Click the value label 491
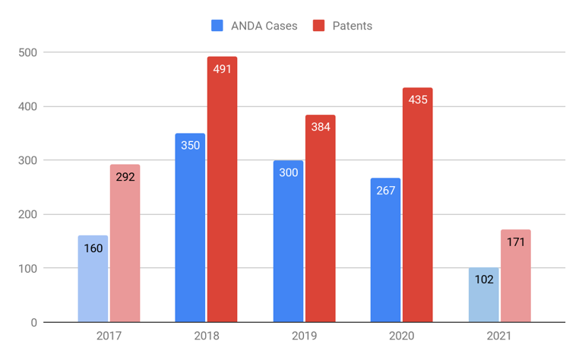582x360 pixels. pyautogui.click(x=223, y=68)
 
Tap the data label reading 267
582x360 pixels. pyautogui.click(x=385, y=190)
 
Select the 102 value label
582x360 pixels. pyautogui.click(x=483, y=279)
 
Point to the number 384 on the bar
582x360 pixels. pyautogui.click(x=321, y=127)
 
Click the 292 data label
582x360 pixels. pyautogui.click(x=125, y=177)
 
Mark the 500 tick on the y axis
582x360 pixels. pyautogui.click(x=30, y=52)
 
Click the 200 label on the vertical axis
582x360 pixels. pyautogui.click(x=30, y=214)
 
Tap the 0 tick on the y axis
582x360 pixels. pyautogui.click(x=34, y=323)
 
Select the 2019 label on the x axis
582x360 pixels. pyautogui.click(x=304, y=336)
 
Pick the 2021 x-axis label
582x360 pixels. pyautogui.click(x=499, y=336)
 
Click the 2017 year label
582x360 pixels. pyautogui.click(x=109, y=336)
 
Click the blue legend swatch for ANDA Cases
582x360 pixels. pyautogui.click(x=217, y=25)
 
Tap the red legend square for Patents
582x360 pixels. pyautogui.click(x=319, y=25)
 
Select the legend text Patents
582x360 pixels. pyautogui.click(x=353, y=25)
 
